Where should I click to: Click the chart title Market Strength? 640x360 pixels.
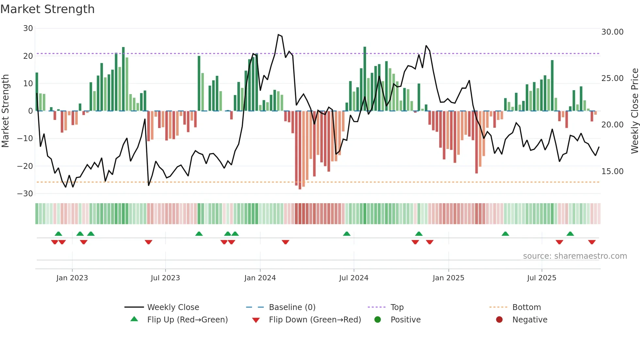pyautogui.click(x=47, y=9)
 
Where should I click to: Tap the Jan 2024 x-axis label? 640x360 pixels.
pyautogui.click(x=260, y=278)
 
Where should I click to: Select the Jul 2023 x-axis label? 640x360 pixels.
pyautogui.click(x=165, y=278)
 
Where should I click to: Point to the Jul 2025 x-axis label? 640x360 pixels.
pyautogui.click(x=541, y=278)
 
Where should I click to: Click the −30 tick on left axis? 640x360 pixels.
pyautogui.click(x=25, y=194)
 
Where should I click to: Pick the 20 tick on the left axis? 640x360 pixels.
pyautogui.click(x=28, y=56)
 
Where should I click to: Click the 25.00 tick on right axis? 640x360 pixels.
pyautogui.click(x=612, y=78)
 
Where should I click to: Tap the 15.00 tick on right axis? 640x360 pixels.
pyautogui.click(x=612, y=172)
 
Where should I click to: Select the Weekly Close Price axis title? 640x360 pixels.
pyautogui.click(x=634, y=111)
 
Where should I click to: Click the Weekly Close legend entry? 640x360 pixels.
pyautogui.click(x=173, y=307)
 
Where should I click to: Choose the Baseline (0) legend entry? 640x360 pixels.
pyautogui.click(x=292, y=307)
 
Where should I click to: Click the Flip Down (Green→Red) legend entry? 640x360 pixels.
pyautogui.click(x=315, y=320)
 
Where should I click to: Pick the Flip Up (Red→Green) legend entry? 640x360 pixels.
pyautogui.click(x=187, y=320)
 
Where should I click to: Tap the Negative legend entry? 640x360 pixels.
pyautogui.click(x=530, y=320)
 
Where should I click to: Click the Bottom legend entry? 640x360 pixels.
pyautogui.click(x=526, y=307)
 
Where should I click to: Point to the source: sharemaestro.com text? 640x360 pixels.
pyautogui.click(x=575, y=256)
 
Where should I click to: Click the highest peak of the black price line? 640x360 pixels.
pyautogui.click(x=278, y=35)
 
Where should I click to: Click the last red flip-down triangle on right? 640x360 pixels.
pyautogui.click(x=592, y=242)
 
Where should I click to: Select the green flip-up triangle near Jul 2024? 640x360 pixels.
pyautogui.click(x=347, y=234)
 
